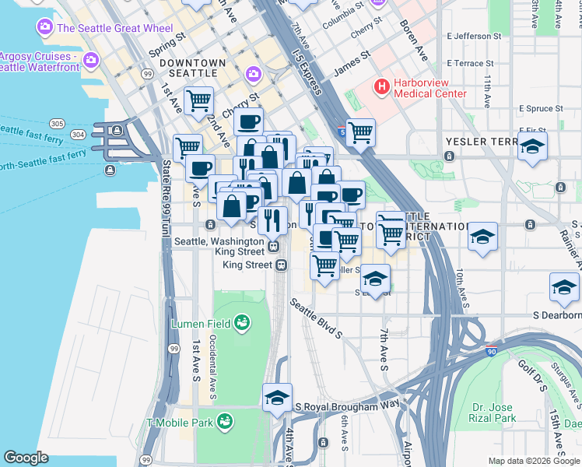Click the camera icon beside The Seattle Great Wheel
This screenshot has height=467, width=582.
[44, 28]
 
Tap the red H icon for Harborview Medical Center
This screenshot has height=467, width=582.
[382, 86]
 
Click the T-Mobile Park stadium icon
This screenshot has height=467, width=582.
[225, 423]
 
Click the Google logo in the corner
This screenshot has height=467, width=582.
[26, 458]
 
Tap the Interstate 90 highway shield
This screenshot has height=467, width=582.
[492, 353]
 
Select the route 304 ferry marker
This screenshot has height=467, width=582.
[78, 134]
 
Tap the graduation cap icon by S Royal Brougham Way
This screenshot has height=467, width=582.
[277, 398]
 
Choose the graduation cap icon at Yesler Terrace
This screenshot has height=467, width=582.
[532, 146]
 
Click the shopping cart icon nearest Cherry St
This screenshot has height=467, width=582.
[199, 100]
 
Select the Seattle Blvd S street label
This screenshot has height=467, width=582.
[317, 319]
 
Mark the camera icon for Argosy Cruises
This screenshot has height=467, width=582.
[92, 59]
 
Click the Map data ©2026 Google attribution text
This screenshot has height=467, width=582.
[533, 461]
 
